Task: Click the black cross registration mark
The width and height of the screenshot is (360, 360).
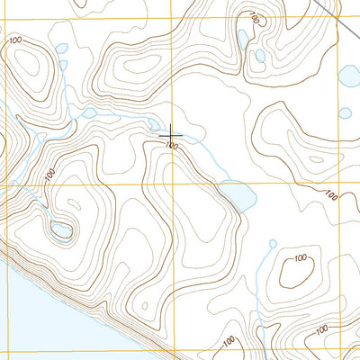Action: (x=172, y=135)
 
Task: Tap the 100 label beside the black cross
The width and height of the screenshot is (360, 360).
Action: (x=171, y=145)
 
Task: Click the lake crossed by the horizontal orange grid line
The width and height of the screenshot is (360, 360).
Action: (x=238, y=193)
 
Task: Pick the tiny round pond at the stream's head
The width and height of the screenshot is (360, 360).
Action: (x=272, y=242)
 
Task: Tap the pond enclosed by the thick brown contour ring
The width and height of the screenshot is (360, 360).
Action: (x=61, y=230)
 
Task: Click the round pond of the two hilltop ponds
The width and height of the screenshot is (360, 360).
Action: (x=259, y=56)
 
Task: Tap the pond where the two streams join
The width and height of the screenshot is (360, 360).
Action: (x=89, y=113)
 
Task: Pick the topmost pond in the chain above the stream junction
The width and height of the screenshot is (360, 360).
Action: (x=60, y=49)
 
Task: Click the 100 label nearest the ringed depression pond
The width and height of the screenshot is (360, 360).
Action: (x=49, y=174)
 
